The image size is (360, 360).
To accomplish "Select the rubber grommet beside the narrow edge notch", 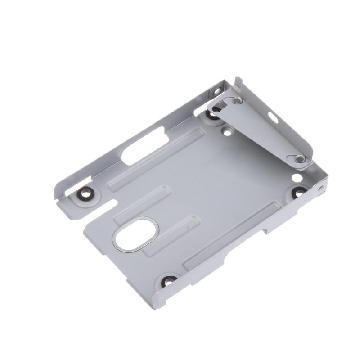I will tap(84, 193).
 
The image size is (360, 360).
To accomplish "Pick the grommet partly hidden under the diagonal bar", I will tap(211, 114).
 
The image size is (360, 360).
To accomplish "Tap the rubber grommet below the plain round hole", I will tap(299, 192).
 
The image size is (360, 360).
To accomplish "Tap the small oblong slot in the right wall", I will tap(273, 118).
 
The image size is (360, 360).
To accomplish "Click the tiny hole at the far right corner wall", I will tap(320, 188).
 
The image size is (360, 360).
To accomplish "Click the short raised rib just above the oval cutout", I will tap(141, 203).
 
